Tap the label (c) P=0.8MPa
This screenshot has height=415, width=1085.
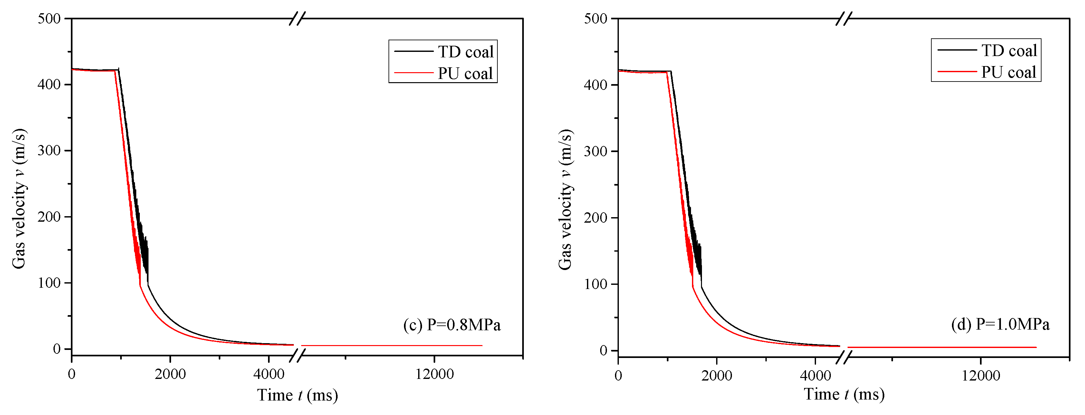(x=452, y=325)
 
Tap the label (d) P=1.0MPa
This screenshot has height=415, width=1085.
(x=1000, y=324)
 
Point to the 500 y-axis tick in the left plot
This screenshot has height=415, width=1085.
(x=49, y=19)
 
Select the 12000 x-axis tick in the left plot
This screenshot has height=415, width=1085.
(x=434, y=374)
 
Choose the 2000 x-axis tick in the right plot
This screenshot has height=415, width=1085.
(x=716, y=375)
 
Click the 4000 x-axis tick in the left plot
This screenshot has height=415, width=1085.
(x=269, y=374)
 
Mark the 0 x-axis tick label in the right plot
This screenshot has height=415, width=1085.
(x=618, y=375)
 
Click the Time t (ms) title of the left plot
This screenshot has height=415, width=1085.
(x=297, y=395)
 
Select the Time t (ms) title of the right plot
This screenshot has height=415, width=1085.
(x=844, y=394)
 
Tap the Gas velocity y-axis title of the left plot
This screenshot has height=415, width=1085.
(x=19, y=199)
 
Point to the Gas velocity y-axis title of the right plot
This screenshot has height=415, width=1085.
(x=565, y=200)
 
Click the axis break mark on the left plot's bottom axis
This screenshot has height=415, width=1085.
(x=297, y=356)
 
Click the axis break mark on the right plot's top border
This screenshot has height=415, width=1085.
(x=844, y=19)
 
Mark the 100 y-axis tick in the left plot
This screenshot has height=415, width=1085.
(x=49, y=283)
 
